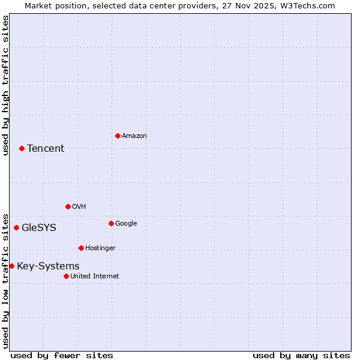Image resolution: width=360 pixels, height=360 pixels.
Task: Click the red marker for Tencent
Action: pos(22,148)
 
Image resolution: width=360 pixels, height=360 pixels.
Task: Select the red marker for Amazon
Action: pos(118,136)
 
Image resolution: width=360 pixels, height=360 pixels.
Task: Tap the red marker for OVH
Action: pos(68,206)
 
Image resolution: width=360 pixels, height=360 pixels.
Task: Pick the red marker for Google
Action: pos(111,223)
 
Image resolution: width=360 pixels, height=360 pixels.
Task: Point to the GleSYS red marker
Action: pos(16,227)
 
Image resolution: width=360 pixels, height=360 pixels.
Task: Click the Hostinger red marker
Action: pos(81,248)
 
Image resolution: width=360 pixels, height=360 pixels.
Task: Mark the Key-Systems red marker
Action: pos(11,266)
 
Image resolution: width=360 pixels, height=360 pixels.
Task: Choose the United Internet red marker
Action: pos(66,276)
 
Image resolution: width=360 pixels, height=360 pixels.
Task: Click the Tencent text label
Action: pos(46,149)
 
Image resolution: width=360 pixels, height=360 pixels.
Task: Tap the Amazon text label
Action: pos(134,136)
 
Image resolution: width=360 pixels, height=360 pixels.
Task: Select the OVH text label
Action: pos(79,207)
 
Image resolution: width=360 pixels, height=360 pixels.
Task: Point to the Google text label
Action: pos(126,224)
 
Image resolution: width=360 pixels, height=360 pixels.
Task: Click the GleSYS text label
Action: pos(39,228)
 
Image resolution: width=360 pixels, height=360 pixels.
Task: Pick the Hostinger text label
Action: pos(100,248)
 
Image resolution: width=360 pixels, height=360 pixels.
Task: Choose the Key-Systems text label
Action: pos(48,266)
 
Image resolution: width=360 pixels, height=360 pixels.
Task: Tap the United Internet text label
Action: pos(95,277)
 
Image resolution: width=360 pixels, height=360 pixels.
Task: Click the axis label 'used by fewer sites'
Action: pos(62,355)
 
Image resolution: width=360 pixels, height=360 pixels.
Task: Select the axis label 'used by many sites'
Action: pos(301,355)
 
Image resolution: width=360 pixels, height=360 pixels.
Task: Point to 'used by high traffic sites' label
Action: pos(5,85)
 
